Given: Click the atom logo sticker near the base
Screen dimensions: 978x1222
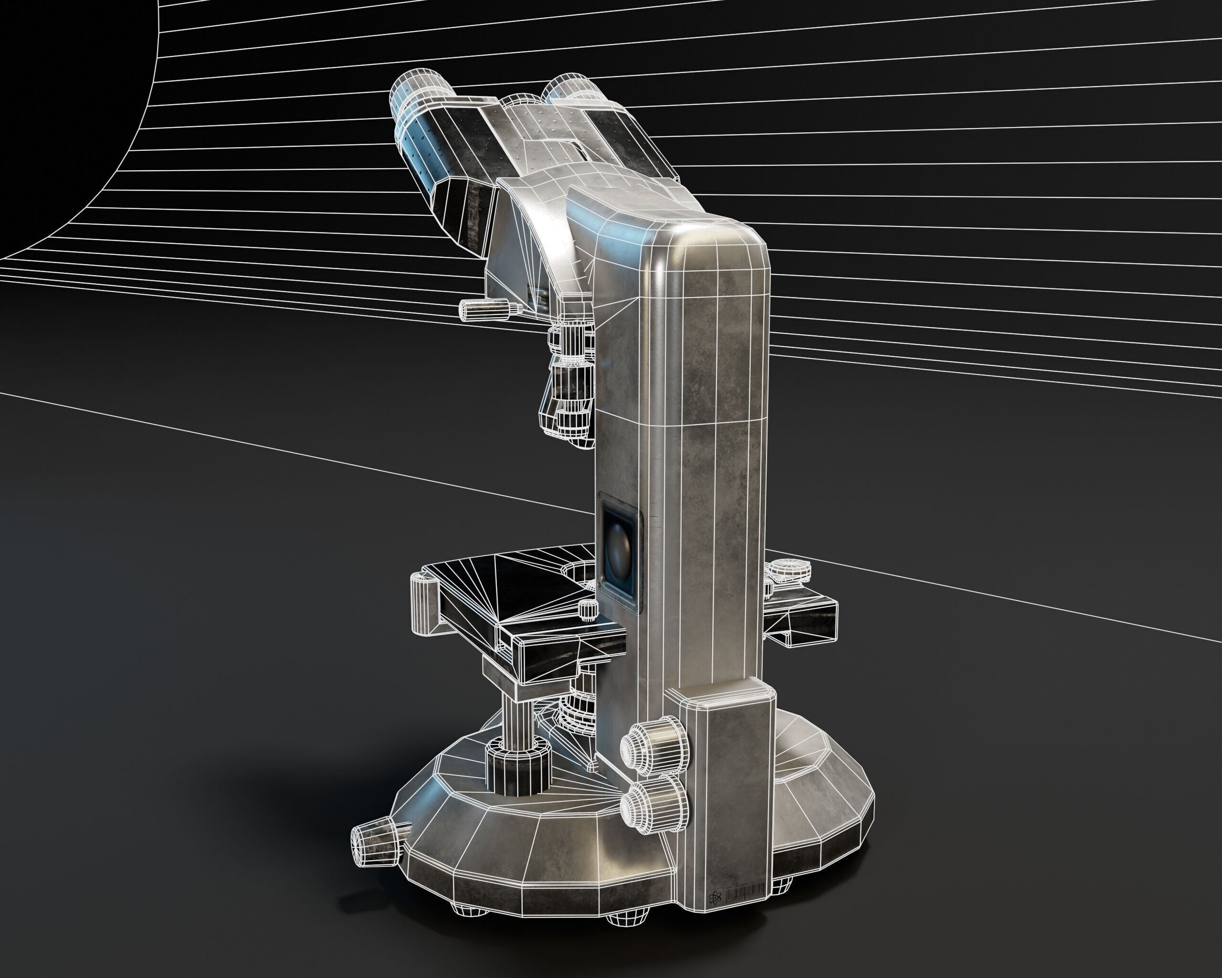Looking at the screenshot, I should [715, 896].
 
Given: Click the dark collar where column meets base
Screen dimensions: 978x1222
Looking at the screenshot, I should [517, 768].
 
